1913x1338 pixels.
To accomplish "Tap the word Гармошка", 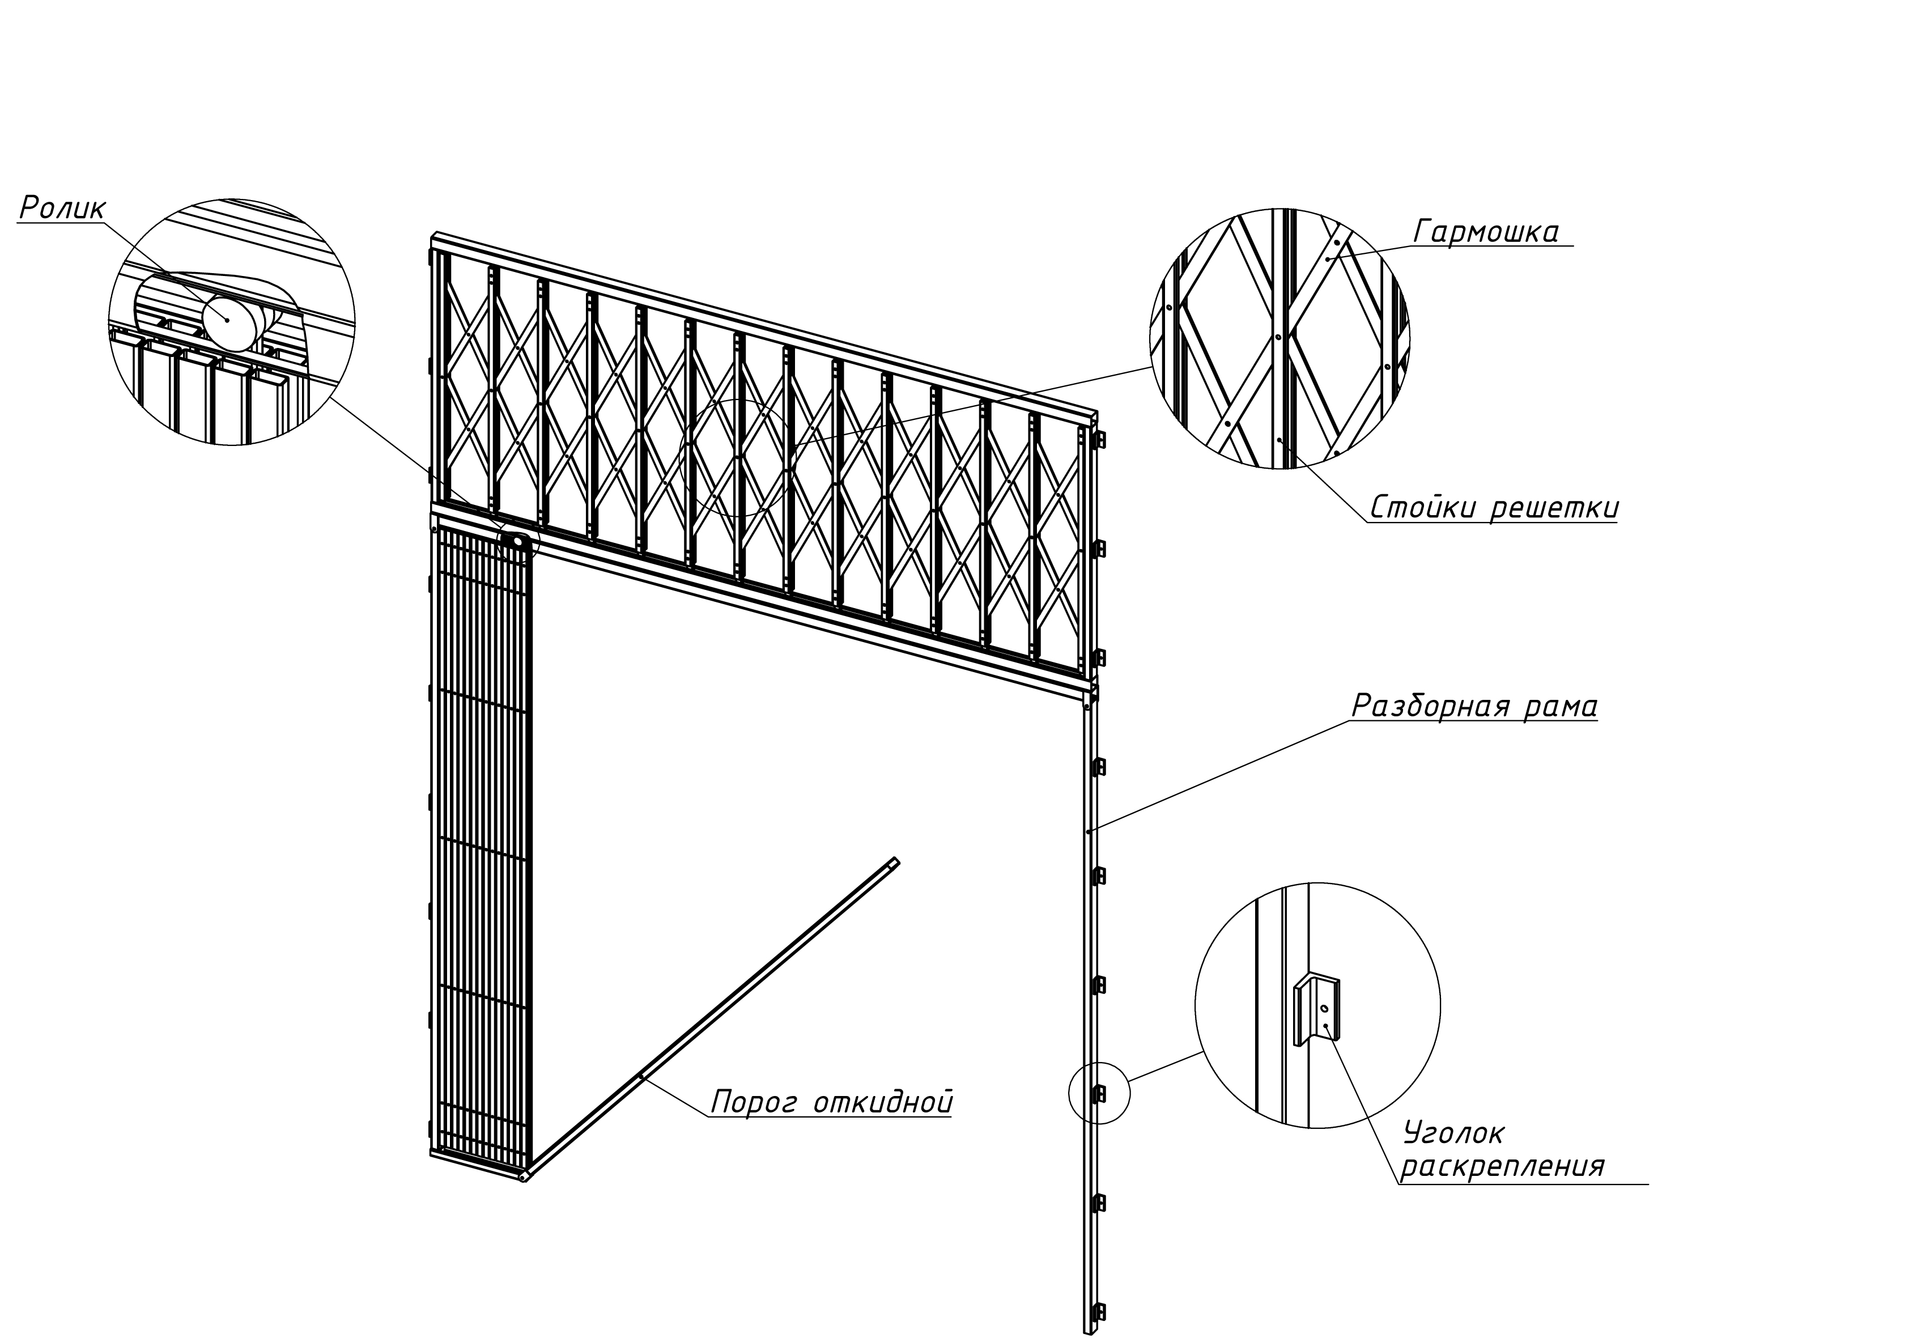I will (x=1486, y=232).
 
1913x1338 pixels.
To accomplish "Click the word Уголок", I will (x=1454, y=1132).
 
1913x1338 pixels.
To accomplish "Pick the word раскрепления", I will (x=1502, y=1165).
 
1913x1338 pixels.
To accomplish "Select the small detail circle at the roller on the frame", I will (x=518, y=542).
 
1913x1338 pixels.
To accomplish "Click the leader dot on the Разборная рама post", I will (x=1088, y=831).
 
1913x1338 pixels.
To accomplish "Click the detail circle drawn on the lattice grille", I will (x=736, y=457).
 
